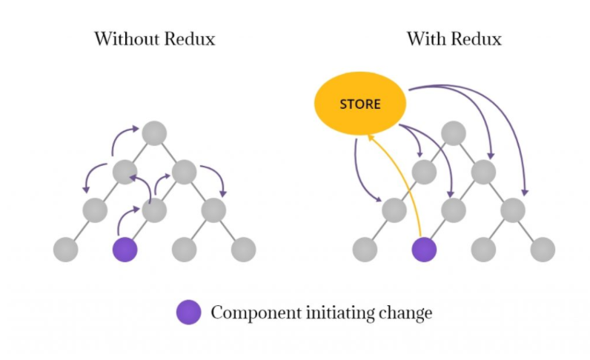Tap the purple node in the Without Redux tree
[x=125, y=249]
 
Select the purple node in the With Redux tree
[x=424, y=249]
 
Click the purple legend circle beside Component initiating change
[x=188, y=313]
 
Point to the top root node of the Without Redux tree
[x=154, y=133]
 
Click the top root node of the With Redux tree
[x=454, y=133]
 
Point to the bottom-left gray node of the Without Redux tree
[x=65, y=249]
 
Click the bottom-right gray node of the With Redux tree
[x=543, y=249]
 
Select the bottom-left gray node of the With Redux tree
[x=365, y=249]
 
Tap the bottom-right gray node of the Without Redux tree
[x=243, y=249]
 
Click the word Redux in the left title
[x=190, y=39]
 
